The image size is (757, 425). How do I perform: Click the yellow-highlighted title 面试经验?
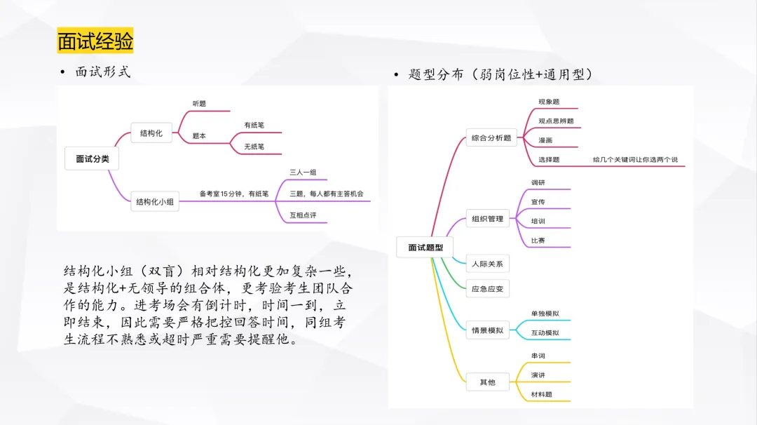click(x=95, y=41)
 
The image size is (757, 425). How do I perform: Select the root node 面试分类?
click(x=92, y=159)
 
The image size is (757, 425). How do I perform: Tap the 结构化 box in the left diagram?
click(x=151, y=133)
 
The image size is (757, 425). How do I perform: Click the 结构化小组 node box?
click(x=154, y=202)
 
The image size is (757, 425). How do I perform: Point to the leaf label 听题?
click(x=199, y=104)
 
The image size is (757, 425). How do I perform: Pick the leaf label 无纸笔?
click(x=254, y=147)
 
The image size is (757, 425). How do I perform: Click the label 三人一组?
click(x=303, y=173)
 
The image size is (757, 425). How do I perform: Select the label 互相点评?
click(x=303, y=215)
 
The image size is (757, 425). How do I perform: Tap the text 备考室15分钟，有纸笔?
click(x=234, y=194)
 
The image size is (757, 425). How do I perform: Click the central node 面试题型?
click(x=425, y=248)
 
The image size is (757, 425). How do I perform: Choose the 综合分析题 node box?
click(x=491, y=137)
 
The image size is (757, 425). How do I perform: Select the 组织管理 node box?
click(x=487, y=219)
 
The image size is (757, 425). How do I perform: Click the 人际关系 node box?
click(x=487, y=264)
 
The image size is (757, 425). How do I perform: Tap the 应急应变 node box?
click(x=487, y=289)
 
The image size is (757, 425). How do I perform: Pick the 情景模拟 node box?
click(x=487, y=330)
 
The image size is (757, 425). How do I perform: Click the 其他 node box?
click(x=487, y=382)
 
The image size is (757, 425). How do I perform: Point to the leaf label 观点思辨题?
click(x=556, y=121)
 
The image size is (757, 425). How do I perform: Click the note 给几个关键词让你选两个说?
click(x=635, y=159)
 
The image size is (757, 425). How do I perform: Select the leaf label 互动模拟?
click(x=545, y=332)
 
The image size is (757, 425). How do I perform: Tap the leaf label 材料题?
click(x=541, y=395)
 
